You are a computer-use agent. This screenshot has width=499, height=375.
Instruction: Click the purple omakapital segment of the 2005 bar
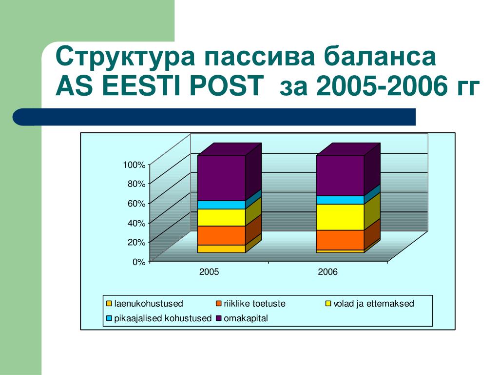pyautogui.click(x=222, y=178)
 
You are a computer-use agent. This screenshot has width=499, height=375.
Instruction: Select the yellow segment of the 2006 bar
pyautogui.click(x=340, y=217)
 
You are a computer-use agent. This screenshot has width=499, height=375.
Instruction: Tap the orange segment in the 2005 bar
pyautogui.click(x=222, y=235)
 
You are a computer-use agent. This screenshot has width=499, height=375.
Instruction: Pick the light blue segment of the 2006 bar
pyautogui.click(x=340, y=200)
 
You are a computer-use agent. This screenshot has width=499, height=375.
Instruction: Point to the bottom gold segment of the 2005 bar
pyautogui.click(x=222, y=249)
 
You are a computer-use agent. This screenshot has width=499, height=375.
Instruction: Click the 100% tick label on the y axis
pyautogui.click(x=134, y=165)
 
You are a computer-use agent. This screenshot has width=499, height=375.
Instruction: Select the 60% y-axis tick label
pyautogui.click(x=136, y=204)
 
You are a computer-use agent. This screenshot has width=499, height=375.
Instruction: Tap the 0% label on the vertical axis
pyautogui.click(x=139, y=262)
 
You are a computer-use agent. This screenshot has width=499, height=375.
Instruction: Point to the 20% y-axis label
pyautogui.click(x=136, y=242)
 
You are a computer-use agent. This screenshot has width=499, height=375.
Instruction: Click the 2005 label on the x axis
pyautogui.click(x=209, y=271)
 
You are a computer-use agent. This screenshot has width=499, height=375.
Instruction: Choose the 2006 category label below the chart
pyautogui.click(x=328, y=271)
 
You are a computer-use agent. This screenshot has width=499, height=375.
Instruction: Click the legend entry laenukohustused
pyautogui.click(x=144, y=303)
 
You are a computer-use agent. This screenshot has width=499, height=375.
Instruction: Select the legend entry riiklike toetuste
pyautogui.click(x=250, y=303)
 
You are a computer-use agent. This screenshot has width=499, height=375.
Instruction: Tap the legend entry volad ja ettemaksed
pyautogui.click(x=369, y=303)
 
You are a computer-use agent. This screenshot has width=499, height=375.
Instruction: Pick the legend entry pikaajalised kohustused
pyautogui.click(x=159, y=318)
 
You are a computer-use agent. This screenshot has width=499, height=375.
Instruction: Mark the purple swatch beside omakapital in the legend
pyautogui.click(x=219, y=318)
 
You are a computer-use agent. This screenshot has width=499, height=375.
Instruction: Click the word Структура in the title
pyautogui.click(x=125, y=57)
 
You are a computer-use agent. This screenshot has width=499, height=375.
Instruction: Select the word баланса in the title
pyautogui.click(x=380, y=57)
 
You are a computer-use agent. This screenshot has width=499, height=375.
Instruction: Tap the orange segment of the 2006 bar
pyautogui.click(x=340, y=240)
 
